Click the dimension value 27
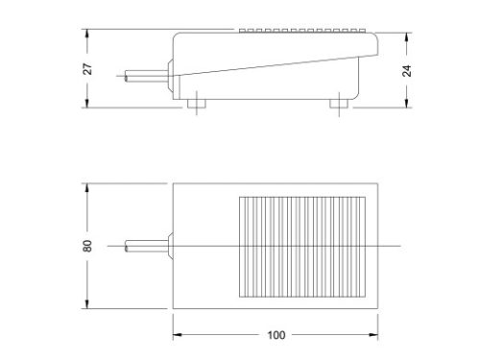(85, 68)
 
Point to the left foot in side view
(200, 102)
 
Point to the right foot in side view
(340, 102)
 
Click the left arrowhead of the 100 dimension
(177, 336)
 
